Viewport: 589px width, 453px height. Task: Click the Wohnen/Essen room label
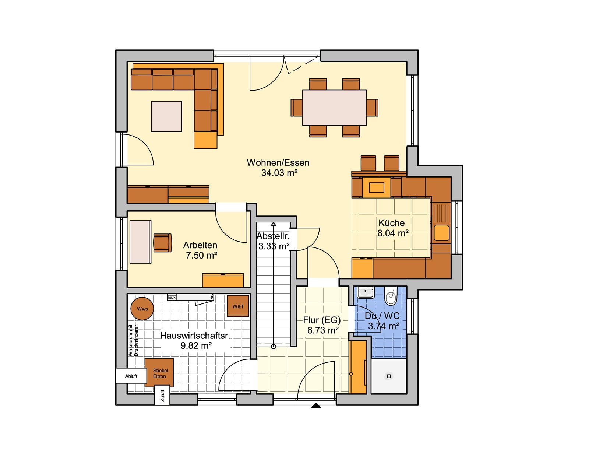click(278, 163)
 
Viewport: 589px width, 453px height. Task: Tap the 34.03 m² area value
click(279, 173)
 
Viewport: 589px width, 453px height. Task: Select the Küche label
click(391, 223)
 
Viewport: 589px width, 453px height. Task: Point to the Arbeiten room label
click(200, 245)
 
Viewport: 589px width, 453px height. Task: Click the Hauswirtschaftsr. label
click(195, 336)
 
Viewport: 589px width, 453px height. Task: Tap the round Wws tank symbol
click(142, 309)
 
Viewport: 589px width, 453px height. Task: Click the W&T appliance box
click(238, 306)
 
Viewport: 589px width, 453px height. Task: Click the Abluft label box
click(131, 376)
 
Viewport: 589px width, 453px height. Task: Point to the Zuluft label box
click(162, 396)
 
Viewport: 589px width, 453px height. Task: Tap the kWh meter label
click(172, 298)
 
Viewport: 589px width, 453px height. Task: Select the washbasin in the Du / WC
click(366, 292)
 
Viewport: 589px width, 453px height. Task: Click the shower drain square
click(389, 376)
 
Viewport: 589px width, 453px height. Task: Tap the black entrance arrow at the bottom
click(316, 405)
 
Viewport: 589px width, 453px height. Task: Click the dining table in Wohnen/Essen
click(335, 108)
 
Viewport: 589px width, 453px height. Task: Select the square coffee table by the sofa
click(166, 117)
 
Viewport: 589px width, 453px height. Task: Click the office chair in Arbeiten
click(162, 243)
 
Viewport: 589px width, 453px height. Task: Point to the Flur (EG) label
click(322, 320)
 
